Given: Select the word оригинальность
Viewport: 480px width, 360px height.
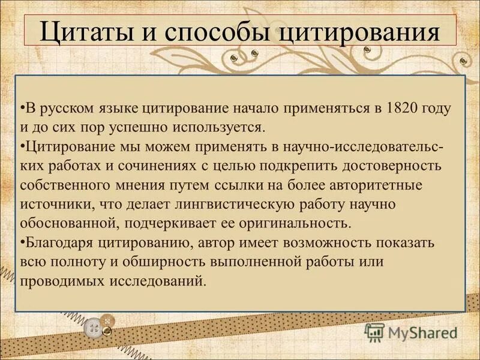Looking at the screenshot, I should [x=293, y=223].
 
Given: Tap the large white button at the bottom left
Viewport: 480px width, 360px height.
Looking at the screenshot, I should [x=95, y=328].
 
